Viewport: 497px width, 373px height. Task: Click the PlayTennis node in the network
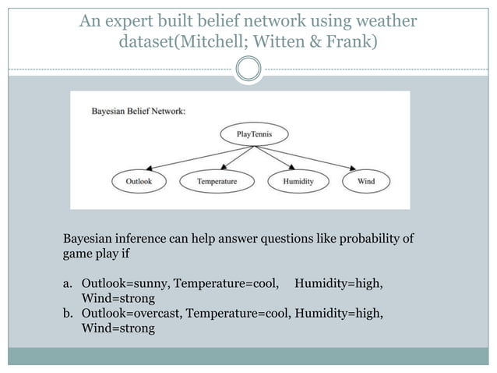[255, 134]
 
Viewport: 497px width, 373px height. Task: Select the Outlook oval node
[144, 182]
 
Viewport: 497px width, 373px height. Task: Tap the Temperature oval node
[217, 182]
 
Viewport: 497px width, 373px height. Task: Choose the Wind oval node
[365, 182]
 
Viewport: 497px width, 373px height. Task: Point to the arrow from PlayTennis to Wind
[315, 158]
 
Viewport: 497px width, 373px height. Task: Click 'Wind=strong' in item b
[118, 329]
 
